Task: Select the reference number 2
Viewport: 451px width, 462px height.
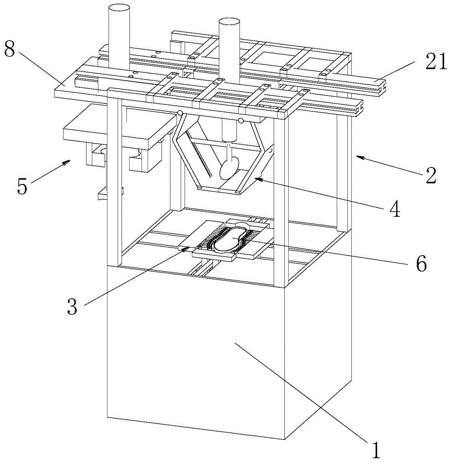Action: pyautogui.click(x=431, y=176)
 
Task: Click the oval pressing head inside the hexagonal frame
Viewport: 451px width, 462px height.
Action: pyautogui.click(x=229, y=168)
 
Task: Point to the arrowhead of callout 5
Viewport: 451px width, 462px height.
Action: pyautogui.click(x=71, y=160)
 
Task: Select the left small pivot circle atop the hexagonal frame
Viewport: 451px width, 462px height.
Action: pyautogui.click(x=180, y=113)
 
